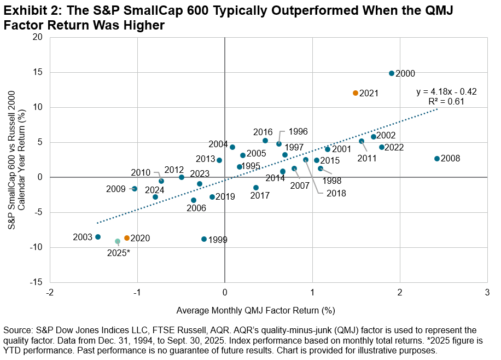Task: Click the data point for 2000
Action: point(392,73)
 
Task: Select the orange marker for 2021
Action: point(356,93)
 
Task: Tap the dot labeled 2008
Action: point(437,159)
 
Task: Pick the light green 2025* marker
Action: point(118,241)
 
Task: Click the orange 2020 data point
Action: point(127,238)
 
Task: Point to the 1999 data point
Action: point(204,239)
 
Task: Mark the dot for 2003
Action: point(98,237)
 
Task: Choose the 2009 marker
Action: point(135,189)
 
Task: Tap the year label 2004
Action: point(218,144)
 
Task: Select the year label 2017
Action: point(260,195)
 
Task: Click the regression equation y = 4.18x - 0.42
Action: point(446,92)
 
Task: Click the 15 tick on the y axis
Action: point(39,72)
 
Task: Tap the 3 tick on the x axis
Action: point(487,292)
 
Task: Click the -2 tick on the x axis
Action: point(50,292)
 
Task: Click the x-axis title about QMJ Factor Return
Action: point(255,310)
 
